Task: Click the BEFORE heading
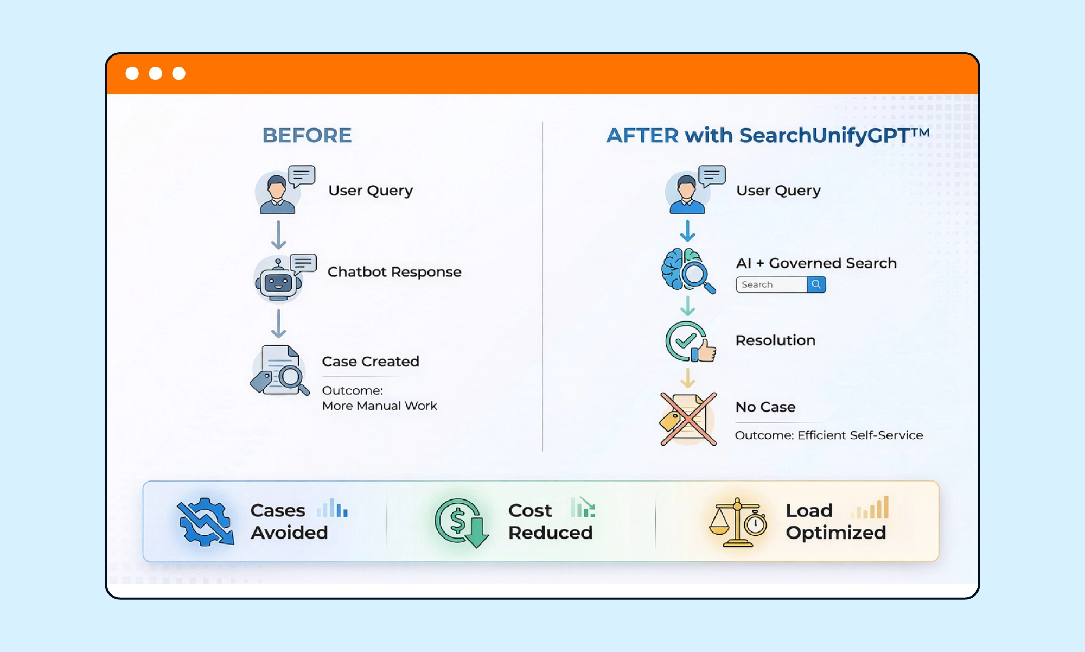point(307,135)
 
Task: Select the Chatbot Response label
point(394,271)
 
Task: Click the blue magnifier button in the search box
point(816,284)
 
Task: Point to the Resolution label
point(775,340)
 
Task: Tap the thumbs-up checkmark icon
point(690,342)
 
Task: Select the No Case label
point(765,407)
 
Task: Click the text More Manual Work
point(379,406)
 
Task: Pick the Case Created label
point(371,362)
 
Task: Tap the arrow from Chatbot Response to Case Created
point(278,324)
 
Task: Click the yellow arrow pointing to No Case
point(687,378)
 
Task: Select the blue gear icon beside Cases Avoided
point(205,522)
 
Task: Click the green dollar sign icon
point(460,522)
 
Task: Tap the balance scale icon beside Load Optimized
point(737,522)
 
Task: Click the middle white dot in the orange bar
point(156,73)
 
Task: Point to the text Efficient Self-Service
point(860,435)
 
